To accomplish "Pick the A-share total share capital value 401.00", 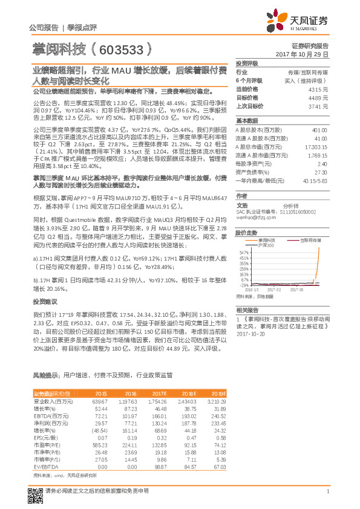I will [x=319, y=130].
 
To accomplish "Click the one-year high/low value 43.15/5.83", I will [x=314, y=180].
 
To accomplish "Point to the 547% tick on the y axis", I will [x=243, y=251].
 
